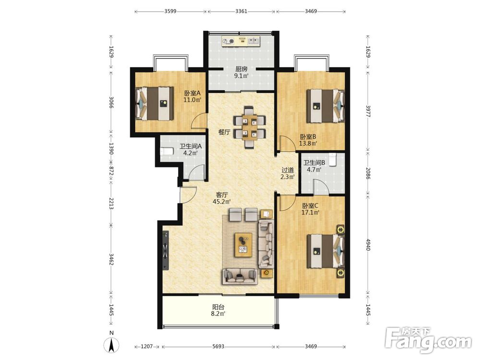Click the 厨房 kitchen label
pyautogui.click(x=241, y=69)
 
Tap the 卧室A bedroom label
pyautogui.click(x=192, y=93)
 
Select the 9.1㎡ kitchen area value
pyautogui.click(x=241, y=76)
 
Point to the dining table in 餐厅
pyautogui.click(x=250, y=127)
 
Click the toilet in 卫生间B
pyautogui.click(x=334, y=159)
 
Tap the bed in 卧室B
pyautogui.click(x=326, y=106)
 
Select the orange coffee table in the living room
pyautogui.click(x=243, y=245)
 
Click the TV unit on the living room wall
pyautogui.click(x=166, y=251)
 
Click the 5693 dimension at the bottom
pyautogui.click(x=218, y=347)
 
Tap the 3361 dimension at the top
pyautogui.click(x=241, y=12)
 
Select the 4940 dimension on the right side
pyautogui.click(x=368, y=245)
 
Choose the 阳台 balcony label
pyautogui.click(x=218, y=307)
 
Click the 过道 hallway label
pyautogui.click(x=288, y=170)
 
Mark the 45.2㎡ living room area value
pyautogui.click(x=222, y=202)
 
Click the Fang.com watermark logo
pyautogui.click(x=428, y=340)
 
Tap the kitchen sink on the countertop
pyautogui.click(x=253, y=40)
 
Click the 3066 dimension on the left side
pyautogui.click(x=111, y=102)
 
